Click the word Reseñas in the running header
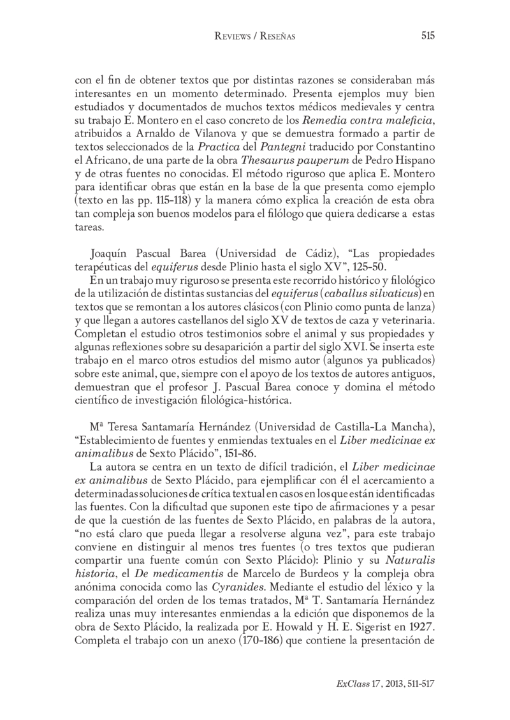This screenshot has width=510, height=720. pyautogui.click(x=277, y=37)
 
